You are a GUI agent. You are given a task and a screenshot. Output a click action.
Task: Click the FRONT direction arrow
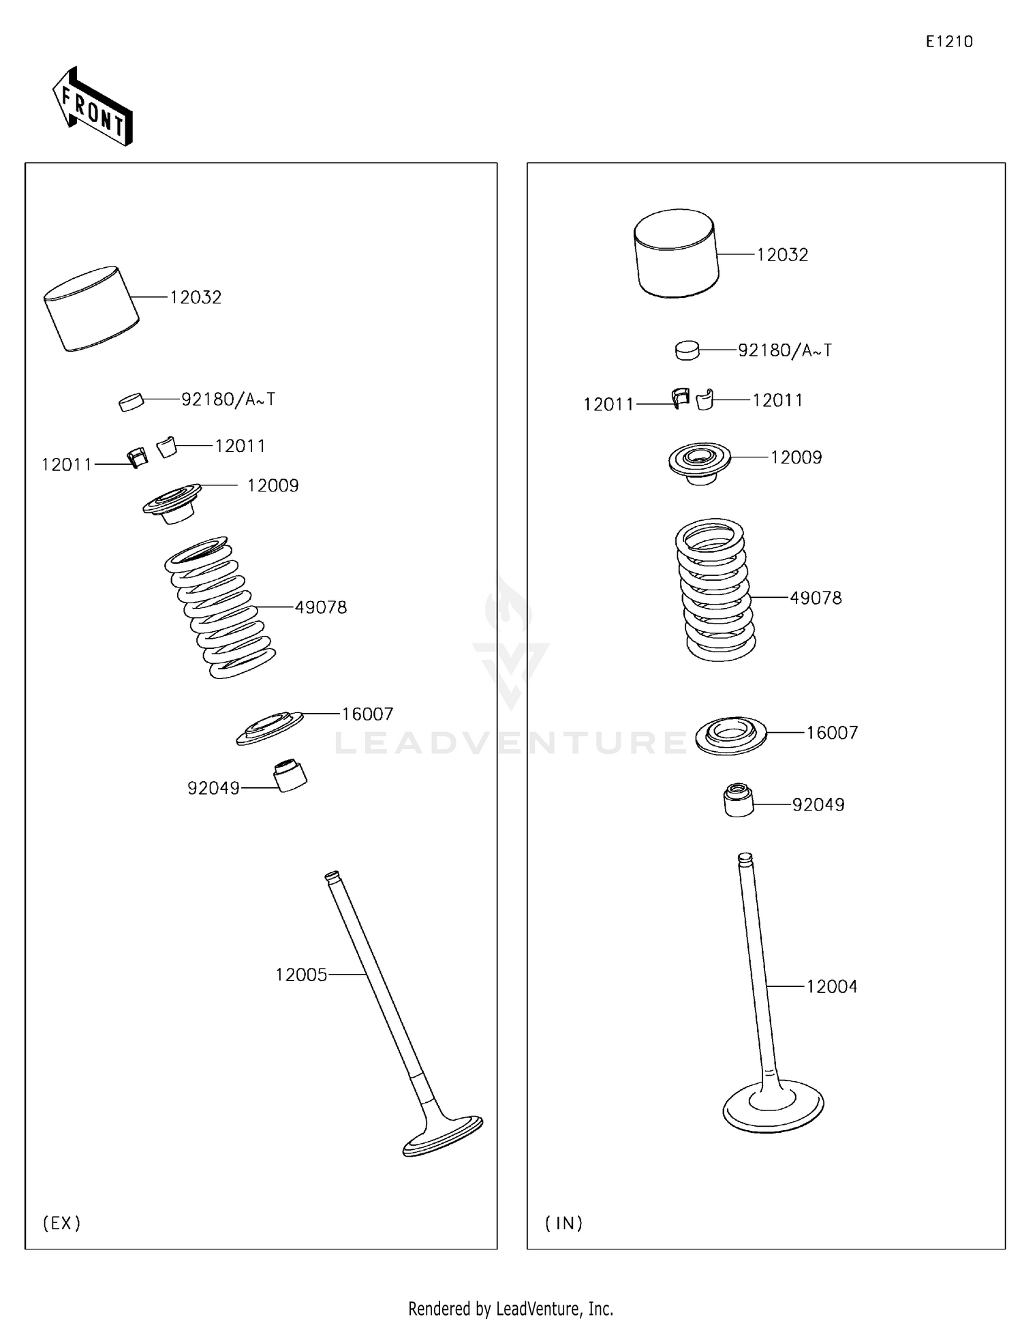tap(93, 106)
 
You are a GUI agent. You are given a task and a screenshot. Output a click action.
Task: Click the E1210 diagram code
tap(949, 42)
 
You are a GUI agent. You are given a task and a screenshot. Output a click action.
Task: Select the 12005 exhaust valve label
tap(301, 975)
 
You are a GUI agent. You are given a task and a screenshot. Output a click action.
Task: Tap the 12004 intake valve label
tap(832, 986)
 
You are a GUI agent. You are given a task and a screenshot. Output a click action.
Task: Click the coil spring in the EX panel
tap(220, 607)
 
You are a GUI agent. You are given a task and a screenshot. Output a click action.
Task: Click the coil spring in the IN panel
tap(715, 590)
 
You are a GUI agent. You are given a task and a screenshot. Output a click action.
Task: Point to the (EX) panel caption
tap(62, 1223)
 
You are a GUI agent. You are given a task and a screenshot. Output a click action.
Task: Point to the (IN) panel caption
tap(564, 1223)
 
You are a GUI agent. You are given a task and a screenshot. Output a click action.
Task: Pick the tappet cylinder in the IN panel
tap(677, 253)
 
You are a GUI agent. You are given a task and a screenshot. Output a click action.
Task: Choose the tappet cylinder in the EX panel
tap(91, 308)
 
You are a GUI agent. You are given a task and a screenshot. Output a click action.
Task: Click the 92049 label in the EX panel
tap(213, 788)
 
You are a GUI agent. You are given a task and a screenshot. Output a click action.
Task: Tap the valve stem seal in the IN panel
tap(739, 800)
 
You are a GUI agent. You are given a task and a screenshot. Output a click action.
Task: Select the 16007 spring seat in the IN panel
tap(731, 735)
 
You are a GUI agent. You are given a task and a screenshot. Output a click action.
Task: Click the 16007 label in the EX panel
tap(367, 714)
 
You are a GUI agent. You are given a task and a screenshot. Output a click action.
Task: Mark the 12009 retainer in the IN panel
tap(699, 463)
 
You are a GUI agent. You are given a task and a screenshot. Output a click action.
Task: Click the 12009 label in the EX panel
tap(273, 485)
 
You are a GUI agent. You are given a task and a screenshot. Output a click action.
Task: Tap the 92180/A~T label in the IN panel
tap(785, 350)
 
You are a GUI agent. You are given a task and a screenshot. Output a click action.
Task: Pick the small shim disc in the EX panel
tap(131, 402)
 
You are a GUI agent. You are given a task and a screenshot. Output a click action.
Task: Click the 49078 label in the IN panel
tap(816, 598)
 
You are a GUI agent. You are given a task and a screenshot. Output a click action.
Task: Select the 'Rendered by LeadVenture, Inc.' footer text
tap(511, 1309)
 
